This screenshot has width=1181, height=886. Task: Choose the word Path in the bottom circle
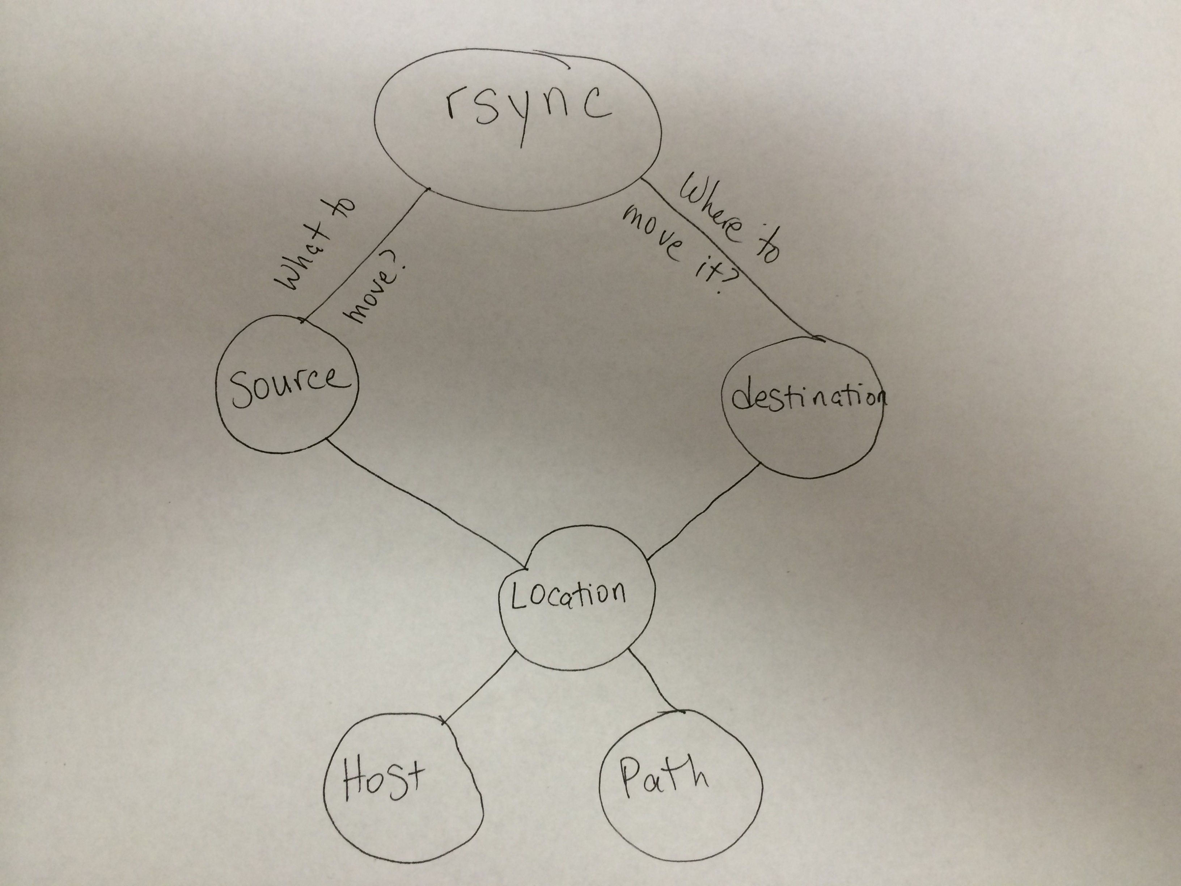coord(664,775)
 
